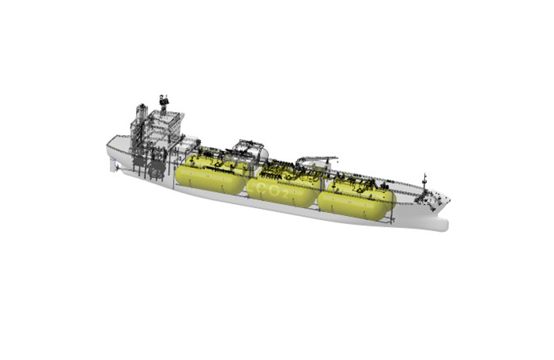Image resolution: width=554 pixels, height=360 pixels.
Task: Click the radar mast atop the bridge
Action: point(163,102)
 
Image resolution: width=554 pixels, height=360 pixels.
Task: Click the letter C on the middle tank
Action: point(262,187)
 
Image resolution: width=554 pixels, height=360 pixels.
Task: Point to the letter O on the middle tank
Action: point(274,191)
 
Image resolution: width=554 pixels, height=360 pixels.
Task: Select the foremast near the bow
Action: point(425,183)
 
